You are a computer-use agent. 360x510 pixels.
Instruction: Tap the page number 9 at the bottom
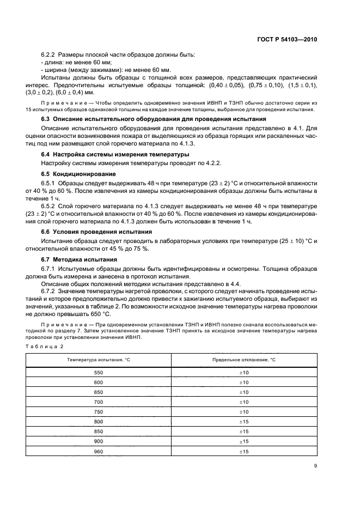point(315,465)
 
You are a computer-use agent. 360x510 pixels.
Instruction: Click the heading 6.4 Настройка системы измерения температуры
point(119,155)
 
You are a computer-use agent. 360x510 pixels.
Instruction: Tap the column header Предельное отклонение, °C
point(244,361)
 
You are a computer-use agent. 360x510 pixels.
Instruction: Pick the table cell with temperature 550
point(99,373)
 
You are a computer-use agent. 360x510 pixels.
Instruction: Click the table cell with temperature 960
point(99,451)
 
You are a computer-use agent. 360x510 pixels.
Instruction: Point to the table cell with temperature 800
point(99,422)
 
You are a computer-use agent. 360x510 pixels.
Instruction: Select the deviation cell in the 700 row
point(244,402)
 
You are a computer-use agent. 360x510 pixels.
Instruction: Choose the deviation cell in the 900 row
point(244,441)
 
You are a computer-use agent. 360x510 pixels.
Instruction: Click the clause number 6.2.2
point(50,56)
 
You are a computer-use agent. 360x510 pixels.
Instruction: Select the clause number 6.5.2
point(50,208)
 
